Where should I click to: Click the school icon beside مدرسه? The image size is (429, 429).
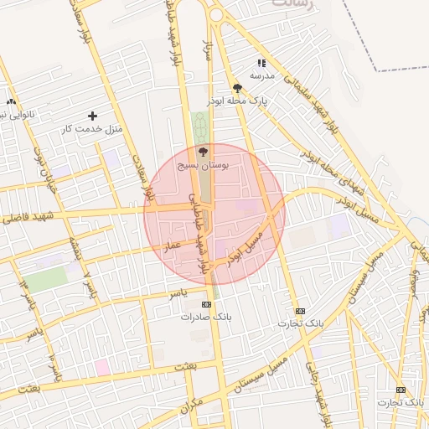pos(261,63)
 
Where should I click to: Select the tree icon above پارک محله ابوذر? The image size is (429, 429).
pos(238,87)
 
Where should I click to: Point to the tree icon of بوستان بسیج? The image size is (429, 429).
pos(202,152)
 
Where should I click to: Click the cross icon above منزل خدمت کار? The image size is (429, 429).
pos(92,115)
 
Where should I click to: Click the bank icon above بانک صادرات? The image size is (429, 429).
pos(207,304)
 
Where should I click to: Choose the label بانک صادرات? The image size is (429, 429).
pos(205,318)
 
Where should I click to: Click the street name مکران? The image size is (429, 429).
pos(191,403)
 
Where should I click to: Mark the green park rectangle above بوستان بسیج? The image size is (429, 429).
pos(200,127)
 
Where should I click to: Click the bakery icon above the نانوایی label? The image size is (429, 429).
pos(11,101)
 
